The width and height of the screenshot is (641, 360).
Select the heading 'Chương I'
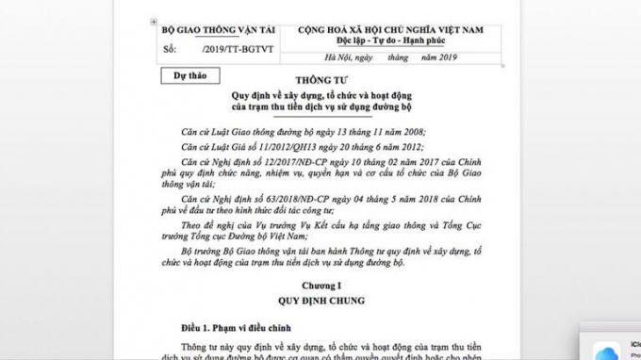click(320, 282)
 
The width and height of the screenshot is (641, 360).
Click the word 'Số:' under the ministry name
click(170, 46)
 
